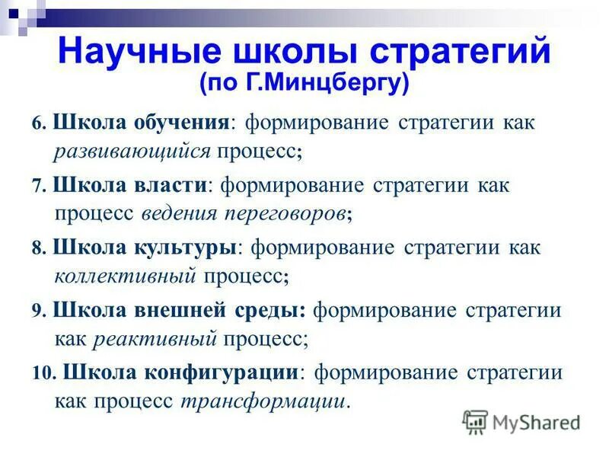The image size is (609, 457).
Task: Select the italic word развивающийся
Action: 132,150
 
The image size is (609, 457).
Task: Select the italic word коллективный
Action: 124,275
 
